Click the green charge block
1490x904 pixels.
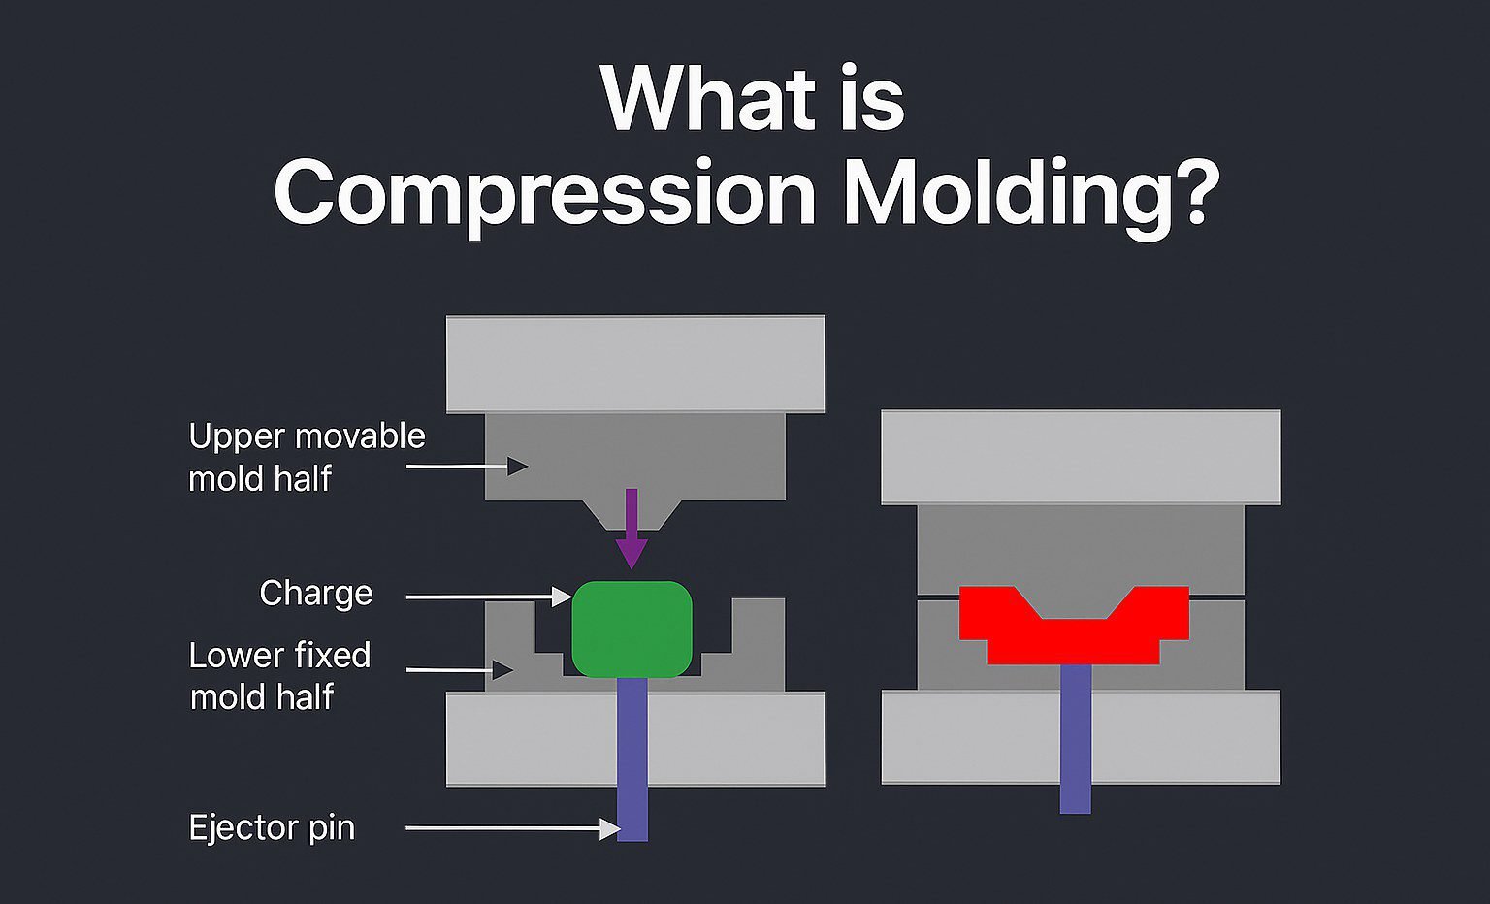632,629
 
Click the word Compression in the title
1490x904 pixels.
544,194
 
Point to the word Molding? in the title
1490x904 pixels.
1029,194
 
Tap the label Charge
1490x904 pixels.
316,593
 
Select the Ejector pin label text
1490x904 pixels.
272,827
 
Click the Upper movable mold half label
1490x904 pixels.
307,457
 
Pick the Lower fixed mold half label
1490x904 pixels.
279,675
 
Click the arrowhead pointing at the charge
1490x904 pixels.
563,597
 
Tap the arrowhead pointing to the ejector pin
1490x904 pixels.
610,828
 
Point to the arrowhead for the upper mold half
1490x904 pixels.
519,467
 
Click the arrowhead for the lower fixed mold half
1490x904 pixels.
502,669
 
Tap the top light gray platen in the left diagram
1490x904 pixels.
635,364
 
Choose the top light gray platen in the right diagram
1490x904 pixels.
1081,456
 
